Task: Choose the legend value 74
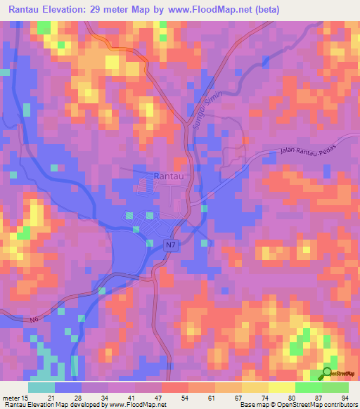point(269,398)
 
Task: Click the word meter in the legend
point(11,398)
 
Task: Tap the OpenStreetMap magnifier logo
point(327,373)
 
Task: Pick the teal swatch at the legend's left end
point(41,387)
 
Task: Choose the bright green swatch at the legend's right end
point(335,387)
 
